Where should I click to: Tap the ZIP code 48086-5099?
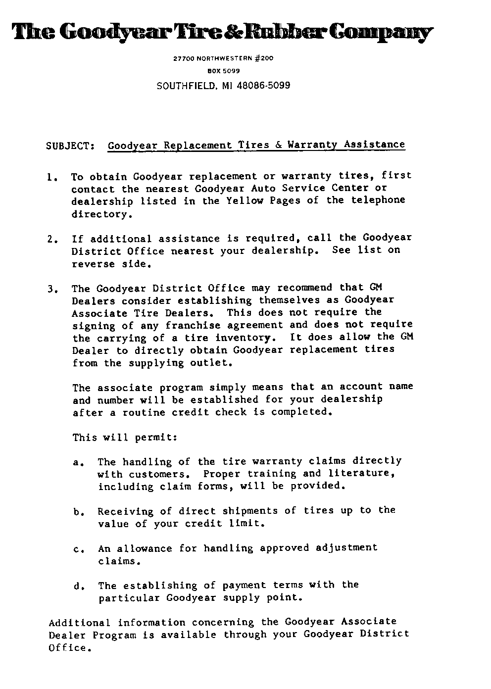(x=264, y=86)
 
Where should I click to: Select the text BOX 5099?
(x=223, y=71)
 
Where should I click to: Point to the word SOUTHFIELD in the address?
(x=186, y=86)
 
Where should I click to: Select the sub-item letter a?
(x=77, y=463)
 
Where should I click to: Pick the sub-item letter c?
(x=77, y=549)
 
